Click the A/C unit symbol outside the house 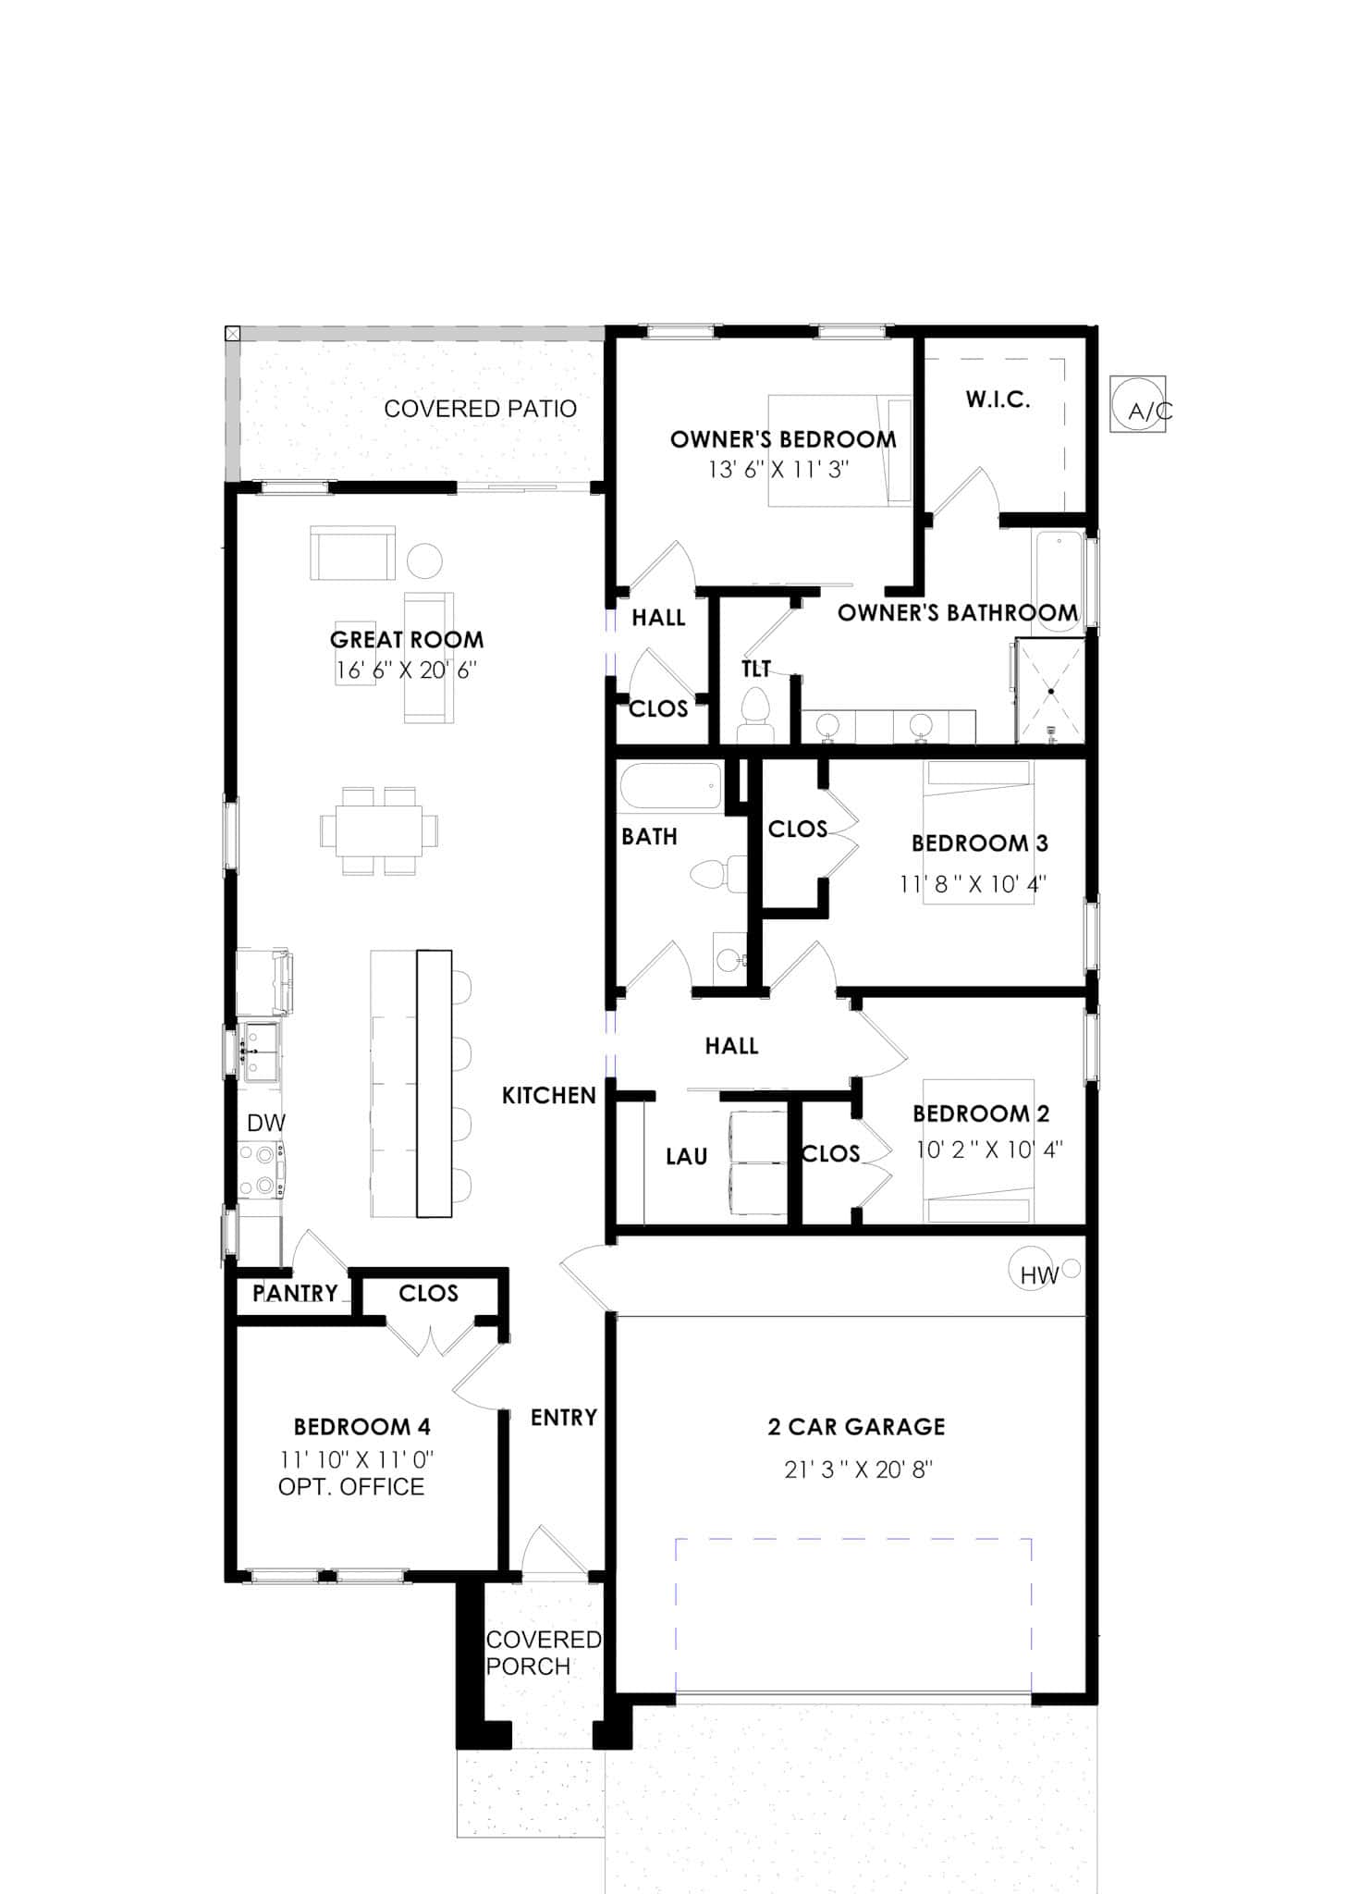pos(1136,403)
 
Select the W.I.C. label pos(998,400)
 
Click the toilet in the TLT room pos(755,713)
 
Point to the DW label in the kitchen pos(265,1123)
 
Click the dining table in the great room pos(378,830)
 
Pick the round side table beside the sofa pos(425,560)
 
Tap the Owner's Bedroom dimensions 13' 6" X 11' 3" pos(778,470)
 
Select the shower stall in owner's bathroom pos(1050,690)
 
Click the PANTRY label pos(295,1293)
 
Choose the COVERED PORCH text pos(543,1653)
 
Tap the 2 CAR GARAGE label pos(856,1426)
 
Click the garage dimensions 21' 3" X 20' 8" pos(858,1469)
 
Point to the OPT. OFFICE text pos(351,1487)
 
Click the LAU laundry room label pos(686,1156)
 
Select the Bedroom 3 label pos(979,842)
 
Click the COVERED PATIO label pos(480,409)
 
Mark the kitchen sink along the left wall pos(259,1052)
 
